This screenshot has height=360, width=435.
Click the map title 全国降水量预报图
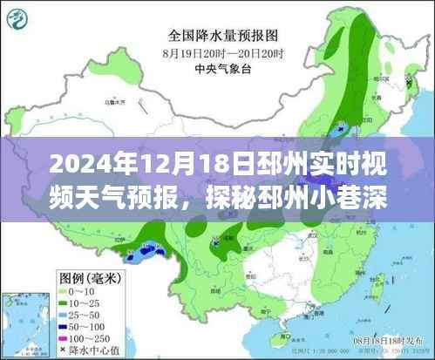(x=223, y=37)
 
